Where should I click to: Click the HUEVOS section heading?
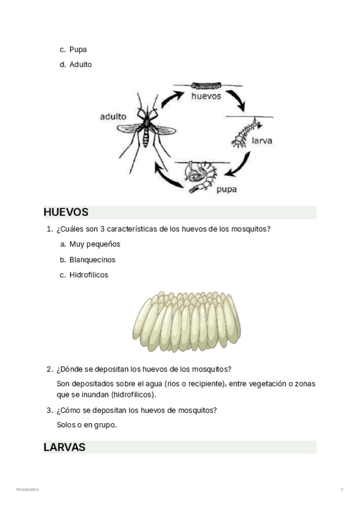[66, 212]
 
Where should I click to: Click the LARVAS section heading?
[64, 447]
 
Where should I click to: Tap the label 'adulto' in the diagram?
[113, 116]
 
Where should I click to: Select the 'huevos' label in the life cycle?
[206, 96]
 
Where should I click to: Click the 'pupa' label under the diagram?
[226, 189]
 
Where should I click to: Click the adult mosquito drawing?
[146, 127]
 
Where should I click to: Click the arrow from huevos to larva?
[239, 100]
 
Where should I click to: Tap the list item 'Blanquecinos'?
[92, 260]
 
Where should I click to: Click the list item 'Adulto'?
[80, 64]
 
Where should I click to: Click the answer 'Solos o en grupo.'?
[86, 424]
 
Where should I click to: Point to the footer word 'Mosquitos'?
[27, 490]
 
